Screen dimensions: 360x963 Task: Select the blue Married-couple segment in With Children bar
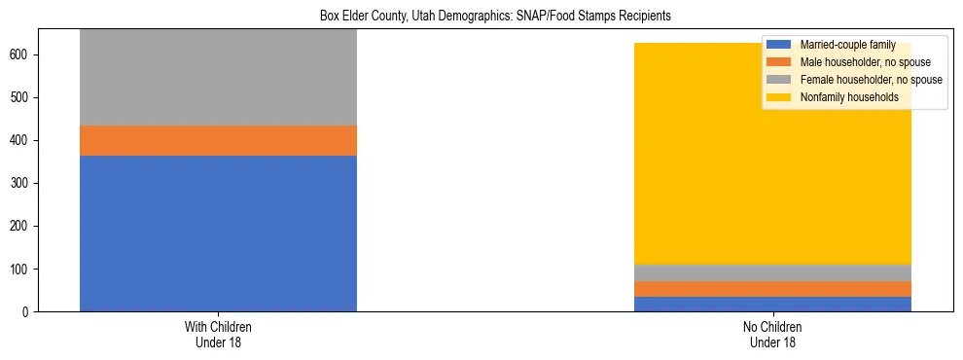[218, 234]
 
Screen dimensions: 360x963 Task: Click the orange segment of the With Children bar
[218, 140]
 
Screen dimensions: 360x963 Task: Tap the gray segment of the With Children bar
[218, 78]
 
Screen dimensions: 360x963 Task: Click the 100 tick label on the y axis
[21, 269]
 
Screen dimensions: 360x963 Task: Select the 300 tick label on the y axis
[21, 183]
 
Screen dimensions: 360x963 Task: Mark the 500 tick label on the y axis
[21, 97]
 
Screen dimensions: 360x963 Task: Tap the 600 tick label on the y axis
[21, 54]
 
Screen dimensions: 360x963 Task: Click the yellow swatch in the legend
[779, 97]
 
